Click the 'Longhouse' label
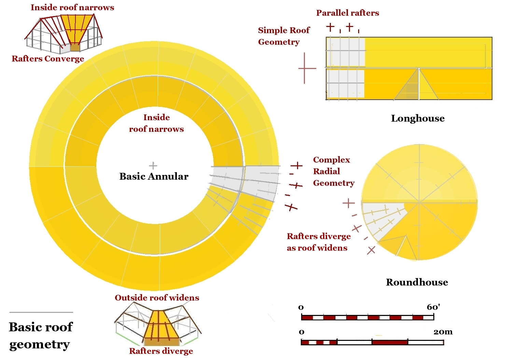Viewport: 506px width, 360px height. [418, 119]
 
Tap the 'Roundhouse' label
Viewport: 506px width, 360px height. [417, 282]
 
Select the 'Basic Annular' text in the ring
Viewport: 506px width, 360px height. [154, 176]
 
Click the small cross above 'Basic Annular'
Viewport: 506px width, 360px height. [153, 166]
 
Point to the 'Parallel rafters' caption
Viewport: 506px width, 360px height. [347, 13]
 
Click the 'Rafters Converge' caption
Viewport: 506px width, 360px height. [48, 59]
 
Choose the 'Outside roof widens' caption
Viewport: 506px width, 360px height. [157, 298]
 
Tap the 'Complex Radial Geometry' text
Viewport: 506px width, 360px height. [333, 171]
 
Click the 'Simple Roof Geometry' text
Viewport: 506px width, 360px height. [283, 36]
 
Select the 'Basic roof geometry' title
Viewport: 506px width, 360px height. [40, 335]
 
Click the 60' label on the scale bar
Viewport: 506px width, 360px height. [433, 307]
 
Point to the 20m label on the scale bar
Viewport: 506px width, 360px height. [443, 332]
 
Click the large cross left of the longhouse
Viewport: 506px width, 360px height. [307, 68]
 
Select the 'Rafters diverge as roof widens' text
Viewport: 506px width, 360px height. [318, 242]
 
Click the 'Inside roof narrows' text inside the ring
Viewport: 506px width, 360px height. [156, 123]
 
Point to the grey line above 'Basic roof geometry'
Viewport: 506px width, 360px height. [41, 312]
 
